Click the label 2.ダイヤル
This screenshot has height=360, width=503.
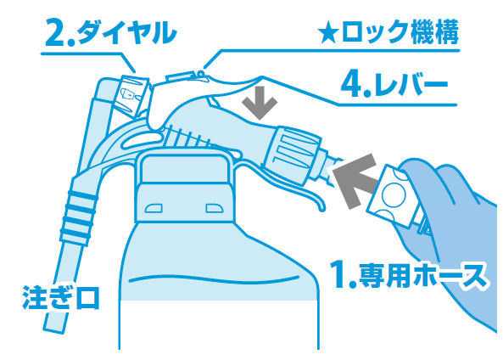coord(110,32)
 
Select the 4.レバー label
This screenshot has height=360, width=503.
coord(394,84)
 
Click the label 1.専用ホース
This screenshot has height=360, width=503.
coord(409,275)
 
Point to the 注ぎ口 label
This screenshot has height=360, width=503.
coord(60,298)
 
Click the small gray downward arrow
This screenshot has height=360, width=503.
coord(260,103)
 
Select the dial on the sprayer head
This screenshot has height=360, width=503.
coord(132,93)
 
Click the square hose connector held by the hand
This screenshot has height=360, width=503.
coord(392,196)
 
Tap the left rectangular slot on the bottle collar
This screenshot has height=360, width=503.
coord(154,208)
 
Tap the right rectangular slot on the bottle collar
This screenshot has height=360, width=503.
coord(215,208)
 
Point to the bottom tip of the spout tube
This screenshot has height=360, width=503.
coord(55,329)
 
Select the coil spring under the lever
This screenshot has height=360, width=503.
coord(189,137)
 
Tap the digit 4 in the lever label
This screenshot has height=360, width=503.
coord(351,85)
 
